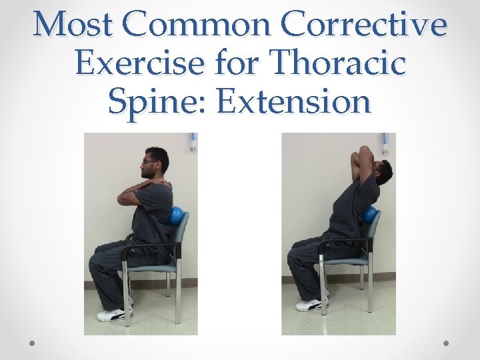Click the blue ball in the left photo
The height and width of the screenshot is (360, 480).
point(176,216)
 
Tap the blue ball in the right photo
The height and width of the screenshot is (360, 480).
point(369,215)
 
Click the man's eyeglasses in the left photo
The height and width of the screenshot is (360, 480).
point(148,161)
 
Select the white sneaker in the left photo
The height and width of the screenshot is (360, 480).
point(113,313)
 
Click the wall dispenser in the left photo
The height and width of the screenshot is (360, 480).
point(193,141)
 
